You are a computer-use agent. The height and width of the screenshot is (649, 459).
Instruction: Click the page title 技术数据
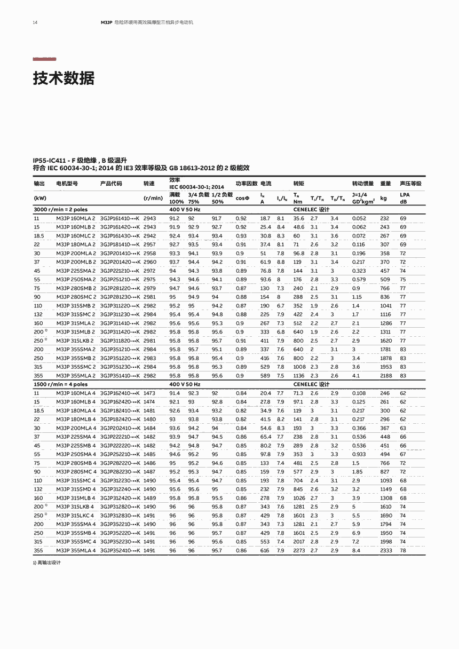[x=64, y=78]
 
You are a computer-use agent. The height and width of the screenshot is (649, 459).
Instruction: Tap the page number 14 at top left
[x=35, y=22]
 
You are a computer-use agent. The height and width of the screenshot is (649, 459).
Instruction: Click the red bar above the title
[x=44, y=59]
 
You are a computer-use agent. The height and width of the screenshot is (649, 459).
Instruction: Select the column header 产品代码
[x=111, y=184]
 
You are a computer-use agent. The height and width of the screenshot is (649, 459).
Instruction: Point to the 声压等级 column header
[x=410, y=184]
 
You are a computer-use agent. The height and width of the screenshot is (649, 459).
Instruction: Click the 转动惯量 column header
[x=363, y=184]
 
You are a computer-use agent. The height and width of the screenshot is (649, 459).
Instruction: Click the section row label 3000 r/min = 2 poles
[x=60, y=210]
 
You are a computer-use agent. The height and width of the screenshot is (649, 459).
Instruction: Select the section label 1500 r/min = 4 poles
[x=60, y=384]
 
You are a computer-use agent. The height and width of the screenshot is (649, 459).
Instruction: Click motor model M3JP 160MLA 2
[x=76, y=219]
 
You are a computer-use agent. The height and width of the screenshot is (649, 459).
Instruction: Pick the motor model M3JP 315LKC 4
[x=75, y=516]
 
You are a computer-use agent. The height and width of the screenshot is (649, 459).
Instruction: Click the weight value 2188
[x=385, y=376]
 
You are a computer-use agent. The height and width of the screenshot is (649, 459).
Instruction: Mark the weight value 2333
[x=385, y=550]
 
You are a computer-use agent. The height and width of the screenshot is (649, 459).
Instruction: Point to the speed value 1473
[x=149, y=393]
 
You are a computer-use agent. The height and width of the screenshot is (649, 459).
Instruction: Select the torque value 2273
[x=299, y=550]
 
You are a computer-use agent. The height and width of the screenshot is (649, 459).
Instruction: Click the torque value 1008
[x=299, y=367]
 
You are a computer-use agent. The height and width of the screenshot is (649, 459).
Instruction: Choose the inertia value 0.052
[x=359, y=219]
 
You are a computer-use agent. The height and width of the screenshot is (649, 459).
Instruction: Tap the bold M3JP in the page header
[x=106, y=22]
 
